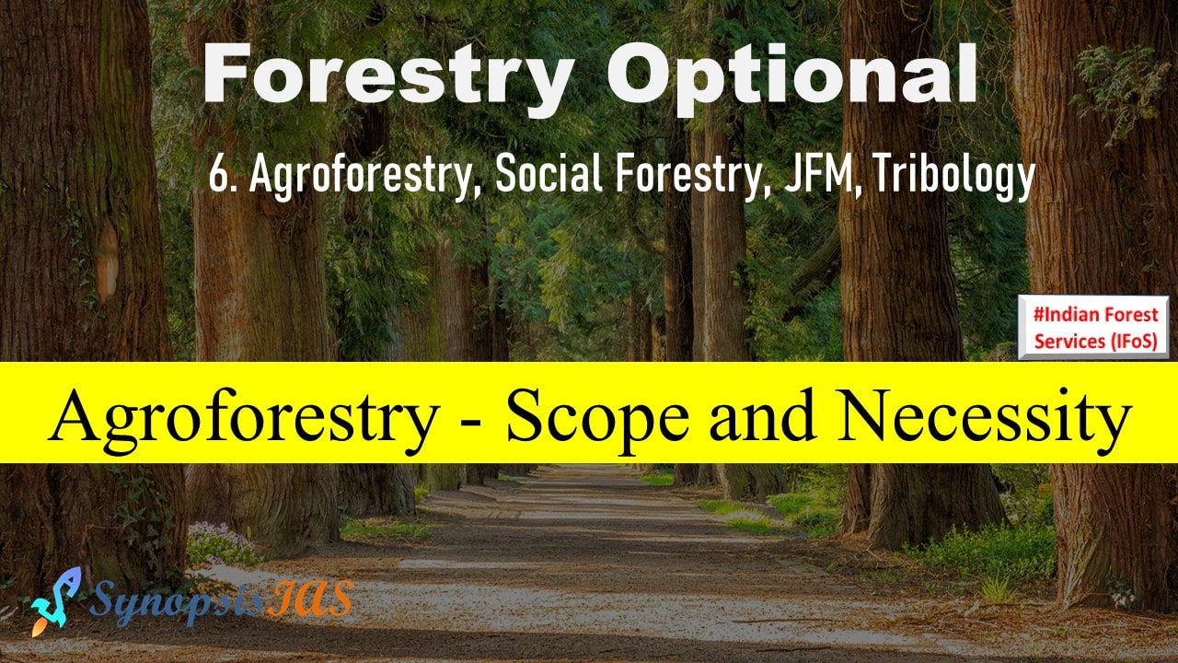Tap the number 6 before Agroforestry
[x=216, y=175]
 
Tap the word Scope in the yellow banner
[x=597, y=419]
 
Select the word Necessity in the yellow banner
[x=985, y=419]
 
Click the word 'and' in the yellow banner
[x=763, y=415]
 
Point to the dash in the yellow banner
[x=473, y=425]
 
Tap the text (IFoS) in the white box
[x=1134, y=342]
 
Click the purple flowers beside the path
[x=224, y=543]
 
